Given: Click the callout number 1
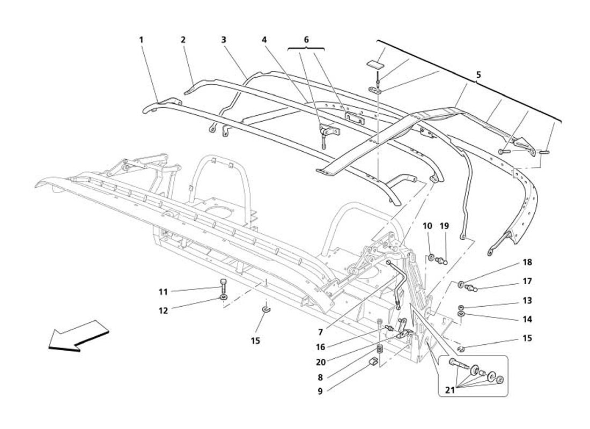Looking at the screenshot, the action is click(x=142, y=40).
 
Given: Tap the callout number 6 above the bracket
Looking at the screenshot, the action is click(x=306, y=40).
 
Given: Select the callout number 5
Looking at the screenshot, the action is click(x=478, y=75).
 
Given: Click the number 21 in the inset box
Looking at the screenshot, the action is click(x=450, y=390).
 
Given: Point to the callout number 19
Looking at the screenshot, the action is click(x=445, y=226).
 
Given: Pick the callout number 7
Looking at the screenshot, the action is click(x=320, y=332).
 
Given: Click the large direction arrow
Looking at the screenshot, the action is click(x=79, y=336).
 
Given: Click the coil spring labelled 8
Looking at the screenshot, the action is click(x=380, y=349).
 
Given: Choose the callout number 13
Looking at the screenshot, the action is click(x=527, y=301).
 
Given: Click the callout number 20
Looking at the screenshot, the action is click(x=321, y=362).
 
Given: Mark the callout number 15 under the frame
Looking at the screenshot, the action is click(x=255, y=341).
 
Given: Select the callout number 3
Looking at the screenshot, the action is click(x=224, y=40).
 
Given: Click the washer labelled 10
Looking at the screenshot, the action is click(x=431, y=257).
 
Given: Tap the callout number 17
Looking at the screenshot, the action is click(x=527, y=281).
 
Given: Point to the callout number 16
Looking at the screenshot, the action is click(x=321, y=347).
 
